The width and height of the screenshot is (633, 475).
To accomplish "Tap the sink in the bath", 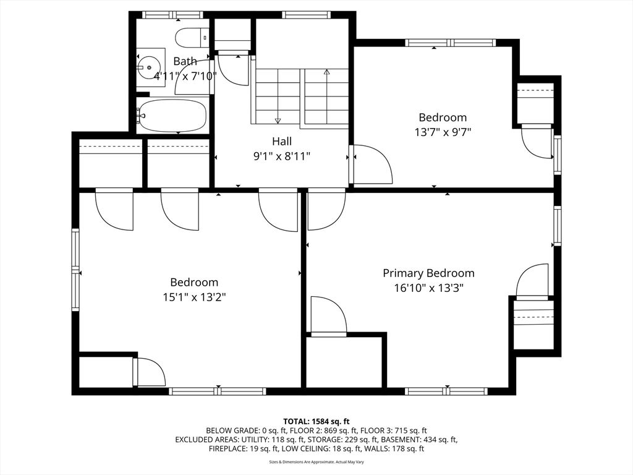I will pos(148,67).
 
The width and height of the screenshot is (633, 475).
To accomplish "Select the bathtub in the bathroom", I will pos(172,116).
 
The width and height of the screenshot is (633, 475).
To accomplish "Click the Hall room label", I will pos(282,142).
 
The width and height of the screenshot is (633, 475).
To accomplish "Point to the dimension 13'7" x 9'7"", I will pos(443,132).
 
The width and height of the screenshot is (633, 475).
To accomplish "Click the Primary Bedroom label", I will pos(428,273).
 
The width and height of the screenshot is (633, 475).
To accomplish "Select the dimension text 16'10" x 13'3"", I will pos(428,288).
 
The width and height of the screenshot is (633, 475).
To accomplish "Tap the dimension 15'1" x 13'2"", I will pos(194,297).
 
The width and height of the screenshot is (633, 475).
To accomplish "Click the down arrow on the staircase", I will pos(278,120).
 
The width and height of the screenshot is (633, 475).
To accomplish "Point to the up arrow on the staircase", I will pos(327,73).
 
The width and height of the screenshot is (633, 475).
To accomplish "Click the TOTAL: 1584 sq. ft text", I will pos(316,421).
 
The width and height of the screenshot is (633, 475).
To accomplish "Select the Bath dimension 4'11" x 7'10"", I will pos(185,76).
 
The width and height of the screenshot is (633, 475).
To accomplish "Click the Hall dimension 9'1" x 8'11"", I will pos(282,156).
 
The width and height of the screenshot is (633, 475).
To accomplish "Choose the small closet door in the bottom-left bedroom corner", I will pos(150,372).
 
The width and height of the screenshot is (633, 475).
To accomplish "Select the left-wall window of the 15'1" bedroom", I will pos(76,270).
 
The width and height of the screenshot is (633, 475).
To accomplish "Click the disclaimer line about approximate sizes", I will pos(316,462).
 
